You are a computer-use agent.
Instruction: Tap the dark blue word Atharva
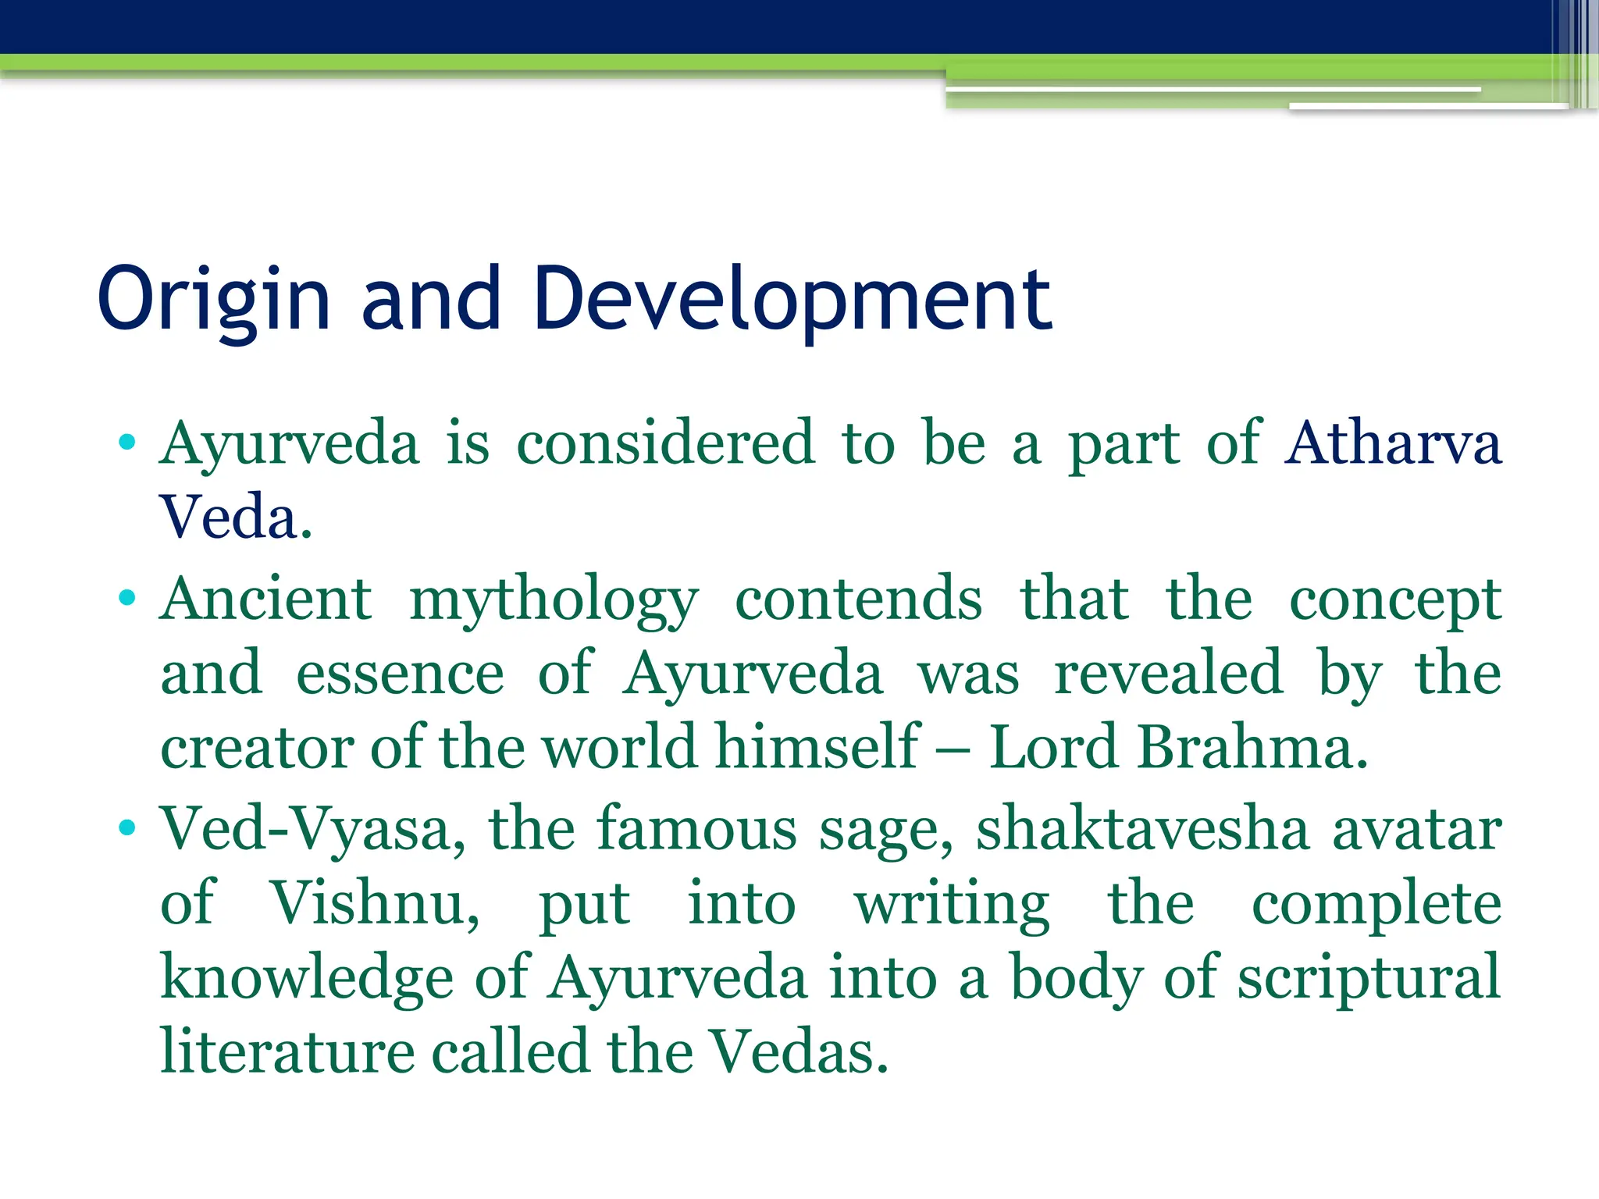[x=1393, y=443]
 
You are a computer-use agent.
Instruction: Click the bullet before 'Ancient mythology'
[x=127, y=599]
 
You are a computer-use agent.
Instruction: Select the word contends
[x=858, y=599]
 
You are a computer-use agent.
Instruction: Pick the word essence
[x=400, y=674]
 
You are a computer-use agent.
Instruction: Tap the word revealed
[x=1168, y=672]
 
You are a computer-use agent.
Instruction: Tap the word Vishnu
[x=375, y=903]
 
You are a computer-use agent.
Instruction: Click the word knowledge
[x=307, y=978]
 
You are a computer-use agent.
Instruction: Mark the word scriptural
[x=1369, y=978]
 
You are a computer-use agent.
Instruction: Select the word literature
[x=287, y=1051]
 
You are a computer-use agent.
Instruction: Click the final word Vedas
[x=798, y=1051]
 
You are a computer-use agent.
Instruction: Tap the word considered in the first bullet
[x=666, y=443]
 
